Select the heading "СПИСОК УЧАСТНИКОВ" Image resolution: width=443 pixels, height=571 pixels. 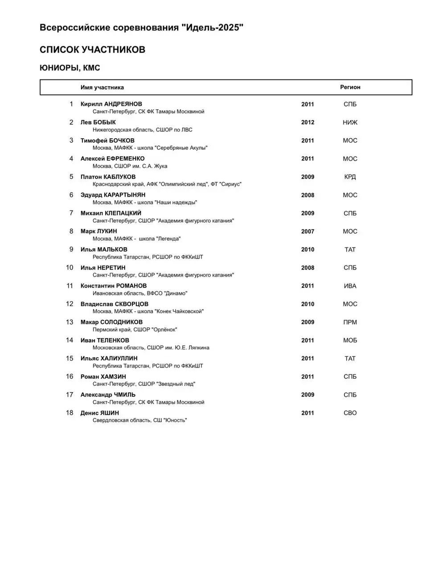[92, 50]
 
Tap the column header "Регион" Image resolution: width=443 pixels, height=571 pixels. [350, 87]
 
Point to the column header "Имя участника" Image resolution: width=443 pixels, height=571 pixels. [102, 87]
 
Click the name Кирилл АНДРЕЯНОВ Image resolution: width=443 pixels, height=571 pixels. [111, 104]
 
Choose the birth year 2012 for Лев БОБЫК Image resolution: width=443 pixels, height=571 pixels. [308, 122]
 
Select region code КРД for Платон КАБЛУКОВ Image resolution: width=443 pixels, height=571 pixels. [350, 177]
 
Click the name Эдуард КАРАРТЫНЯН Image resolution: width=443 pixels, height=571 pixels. [113, 195]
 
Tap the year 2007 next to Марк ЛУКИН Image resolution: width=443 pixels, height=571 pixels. [308, 232]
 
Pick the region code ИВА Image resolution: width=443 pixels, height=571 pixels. [350, 286]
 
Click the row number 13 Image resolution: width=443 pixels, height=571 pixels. [70, 322]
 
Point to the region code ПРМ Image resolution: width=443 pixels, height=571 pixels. [350, 322]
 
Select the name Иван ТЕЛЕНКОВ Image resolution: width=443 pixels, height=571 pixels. [105, 340]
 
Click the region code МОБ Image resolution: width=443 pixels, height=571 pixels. [350, 340]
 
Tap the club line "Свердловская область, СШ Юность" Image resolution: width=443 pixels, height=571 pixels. [139, 420]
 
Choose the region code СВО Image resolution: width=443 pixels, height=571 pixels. [350, 413]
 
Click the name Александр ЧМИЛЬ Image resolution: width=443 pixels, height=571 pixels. [108, 395]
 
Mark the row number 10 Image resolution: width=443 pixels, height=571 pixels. [70, 268]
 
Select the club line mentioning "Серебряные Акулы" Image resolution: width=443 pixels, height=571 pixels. [150, 148]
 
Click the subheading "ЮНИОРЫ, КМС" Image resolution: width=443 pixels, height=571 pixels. [70, 68]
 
